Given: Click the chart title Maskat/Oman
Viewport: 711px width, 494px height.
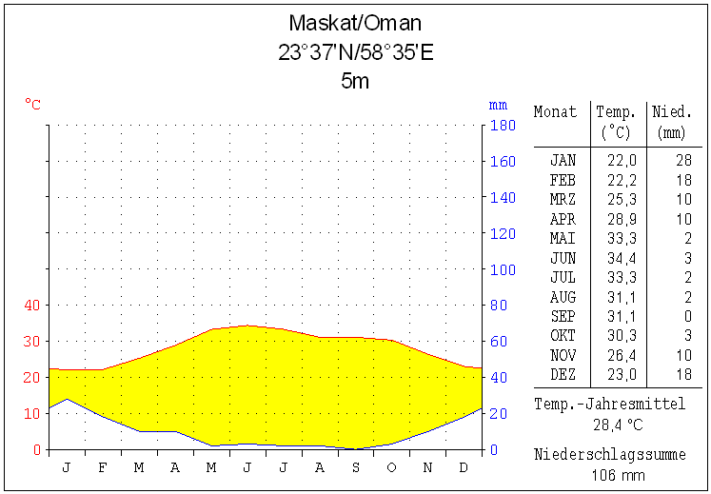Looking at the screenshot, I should (x=355, y=24).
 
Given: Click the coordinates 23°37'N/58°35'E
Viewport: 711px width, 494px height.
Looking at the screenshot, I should (x=355, y=52).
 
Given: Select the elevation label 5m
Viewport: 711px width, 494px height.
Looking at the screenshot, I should (x=355, y=81).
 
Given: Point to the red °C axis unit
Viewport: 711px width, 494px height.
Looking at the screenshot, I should (x=32, y=104).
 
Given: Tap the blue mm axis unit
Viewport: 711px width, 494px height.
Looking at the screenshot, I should (x=498, y=104).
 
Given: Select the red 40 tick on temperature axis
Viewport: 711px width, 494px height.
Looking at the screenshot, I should (x=32, y=305).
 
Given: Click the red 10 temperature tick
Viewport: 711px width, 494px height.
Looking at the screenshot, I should (x=32, y=413).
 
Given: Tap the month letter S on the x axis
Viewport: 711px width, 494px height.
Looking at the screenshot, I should (x=355, y=467).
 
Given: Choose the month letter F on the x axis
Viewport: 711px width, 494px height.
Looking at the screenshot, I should (x=102, y=467).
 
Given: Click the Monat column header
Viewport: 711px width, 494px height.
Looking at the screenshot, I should (x=555, y=111).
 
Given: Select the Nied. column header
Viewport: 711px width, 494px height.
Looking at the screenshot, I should (x=672, y=111).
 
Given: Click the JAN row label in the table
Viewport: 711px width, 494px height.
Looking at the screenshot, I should (x=563, y=160).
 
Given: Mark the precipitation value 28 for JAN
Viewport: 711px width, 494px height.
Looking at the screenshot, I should (x=683, y=160).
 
